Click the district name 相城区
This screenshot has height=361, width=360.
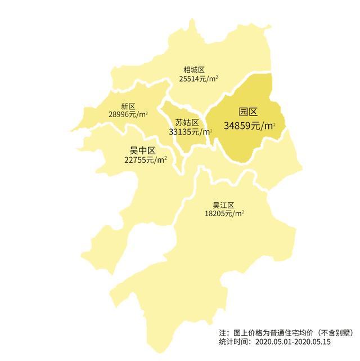coord(194,70)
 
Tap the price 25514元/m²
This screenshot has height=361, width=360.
coord(199,79)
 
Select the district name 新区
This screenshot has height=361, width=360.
coord(128,106)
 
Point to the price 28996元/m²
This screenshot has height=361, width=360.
coord(128,114)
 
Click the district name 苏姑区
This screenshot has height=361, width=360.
coord(187,123)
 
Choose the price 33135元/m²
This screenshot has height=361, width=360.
coord(190,132)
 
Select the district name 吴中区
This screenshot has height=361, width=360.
coord(142,150)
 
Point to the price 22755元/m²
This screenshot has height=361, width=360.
coord(145,160)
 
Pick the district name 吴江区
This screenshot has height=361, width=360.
coord(223,205)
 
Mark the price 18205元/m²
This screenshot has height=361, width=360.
coord(224,214)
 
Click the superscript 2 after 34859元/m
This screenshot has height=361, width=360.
coord(274,123)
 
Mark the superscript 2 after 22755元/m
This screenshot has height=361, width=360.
coord(165,158)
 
